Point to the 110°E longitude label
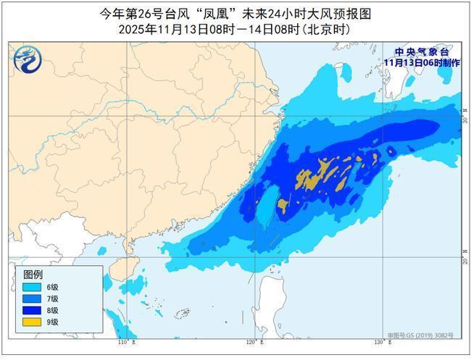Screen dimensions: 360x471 (124, 341)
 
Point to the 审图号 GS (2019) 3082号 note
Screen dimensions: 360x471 (420, 335)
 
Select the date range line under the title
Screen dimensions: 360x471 (235, 30)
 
